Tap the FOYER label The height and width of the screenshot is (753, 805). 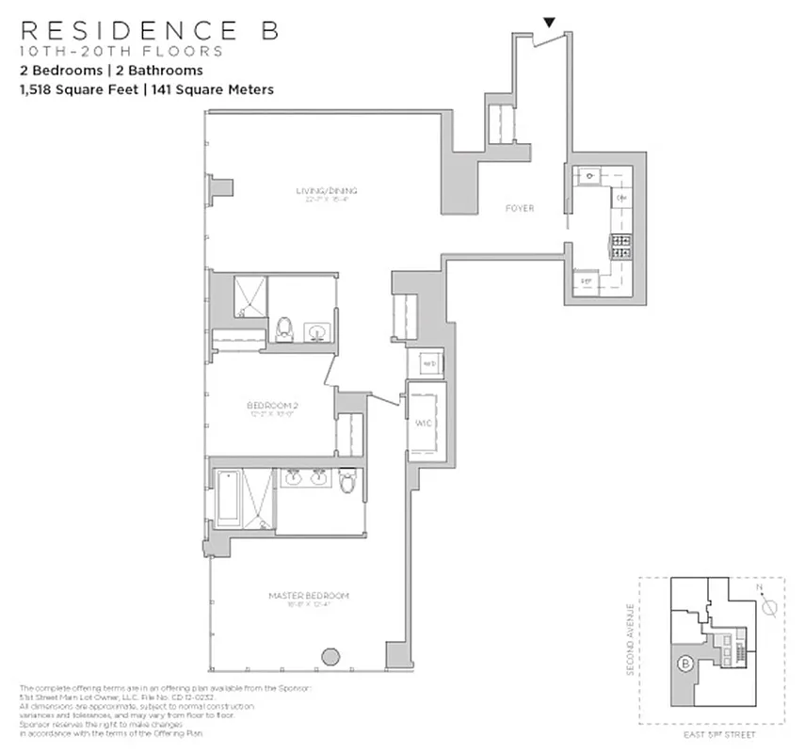click(519, 208)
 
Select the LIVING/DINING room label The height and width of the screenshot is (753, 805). click(325, 191)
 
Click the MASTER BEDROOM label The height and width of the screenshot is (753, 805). click(309, 596)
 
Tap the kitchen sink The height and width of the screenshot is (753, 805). click(589, 175)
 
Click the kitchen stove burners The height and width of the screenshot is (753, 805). click(621, 247)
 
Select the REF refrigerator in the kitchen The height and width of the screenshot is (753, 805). click(586, 281)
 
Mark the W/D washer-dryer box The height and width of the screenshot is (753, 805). click(426, 363)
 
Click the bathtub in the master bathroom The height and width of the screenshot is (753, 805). click(229, 498)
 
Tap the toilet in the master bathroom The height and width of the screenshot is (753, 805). click(347, 482)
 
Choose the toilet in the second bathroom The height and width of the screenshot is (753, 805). click(285, 328)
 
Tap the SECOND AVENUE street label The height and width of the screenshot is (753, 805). click(630, 639)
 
